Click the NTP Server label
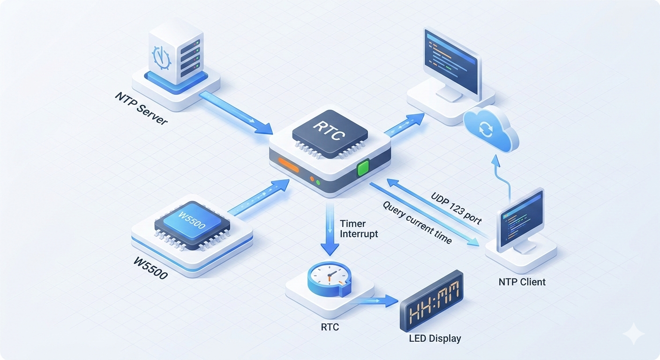(x=141, y=108)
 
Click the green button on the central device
(x=363, y=167)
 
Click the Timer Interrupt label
(x=359, y=228)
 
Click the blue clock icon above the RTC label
(x=328, y=280)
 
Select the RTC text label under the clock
(x=330, y=327)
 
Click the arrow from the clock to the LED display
(x=375, y=300)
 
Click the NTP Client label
(x=522, y=282)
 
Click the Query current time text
(x=417, y=223)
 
